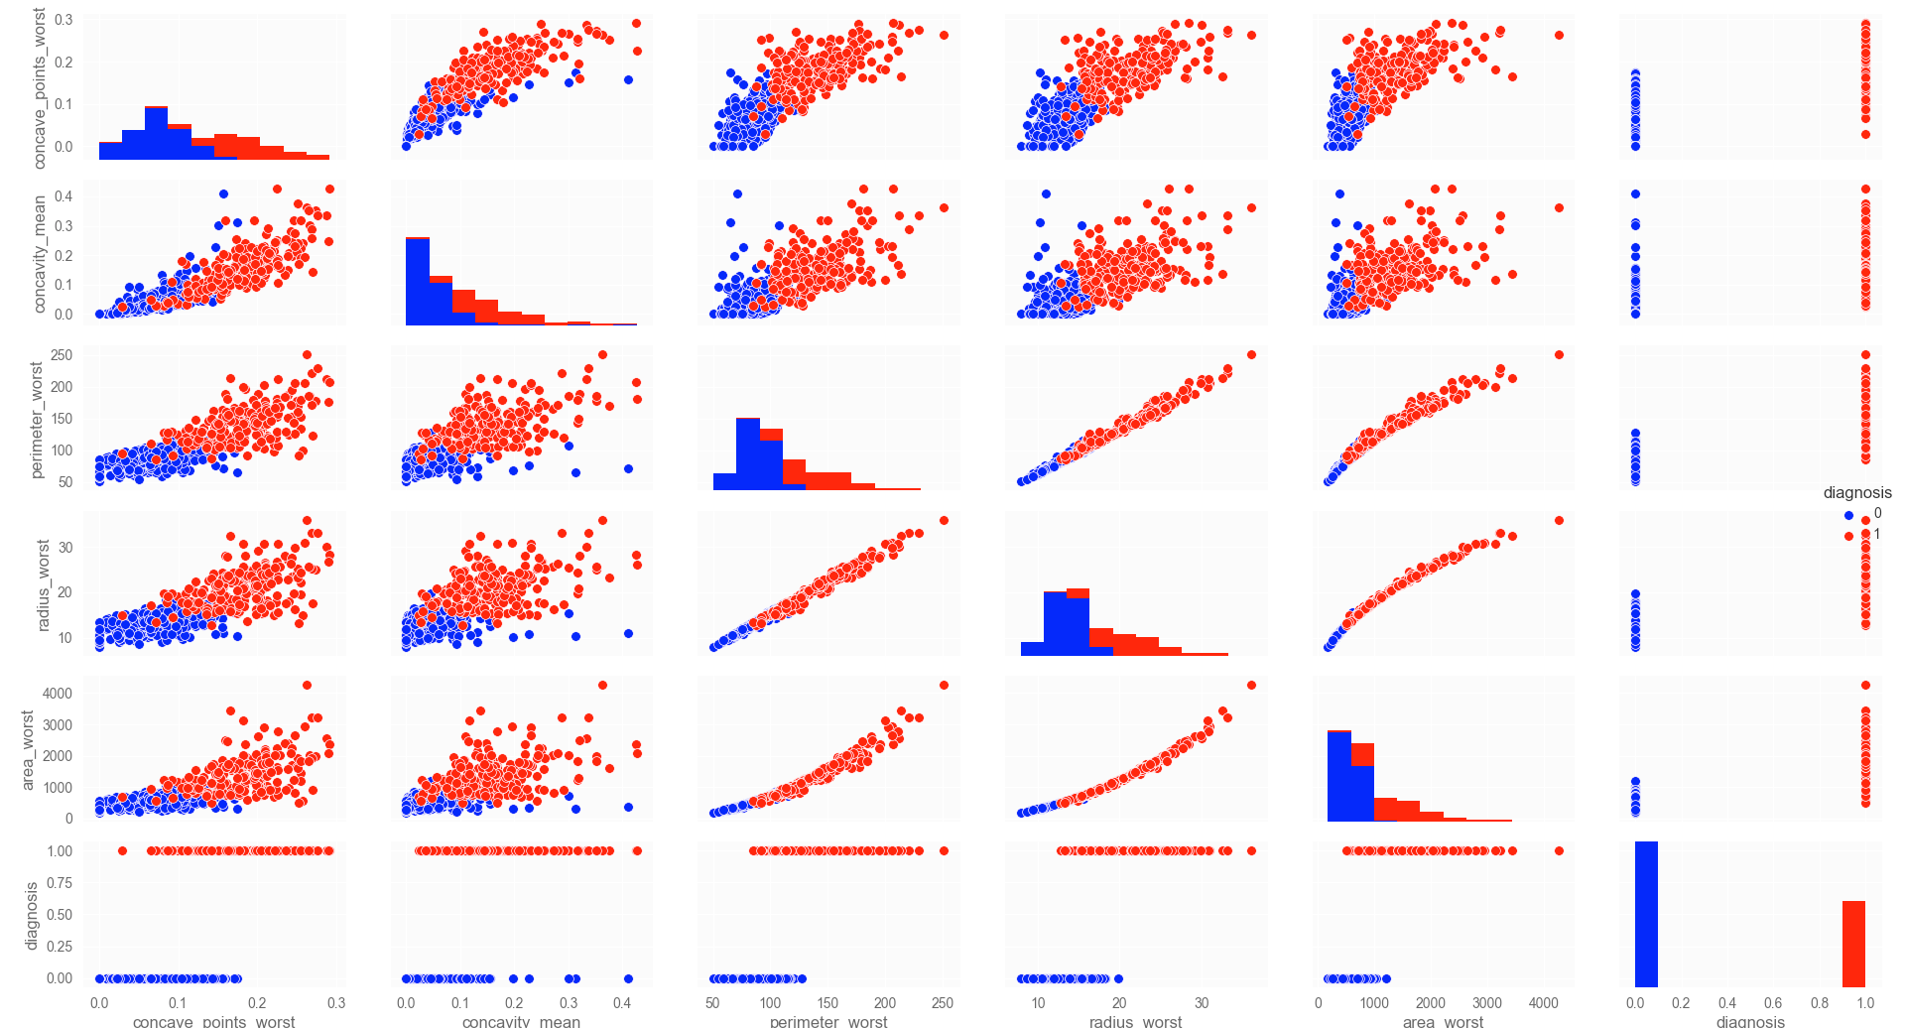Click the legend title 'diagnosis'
[1856, 493]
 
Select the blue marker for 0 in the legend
[1848, 515]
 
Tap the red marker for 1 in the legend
[1848, 536]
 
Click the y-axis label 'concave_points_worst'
[40, 88]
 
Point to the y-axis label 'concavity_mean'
[40, 254]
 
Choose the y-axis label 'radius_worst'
[43, 585]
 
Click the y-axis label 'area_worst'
[28, 750]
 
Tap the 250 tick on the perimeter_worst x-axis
[943, 1003]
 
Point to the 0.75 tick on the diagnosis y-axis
[59, 883]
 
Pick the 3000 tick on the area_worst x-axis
[1486, 1003]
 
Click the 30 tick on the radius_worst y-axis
[64, 548]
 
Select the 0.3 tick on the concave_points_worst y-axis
[63, 20]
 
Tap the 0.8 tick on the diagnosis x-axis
[1819, 1003]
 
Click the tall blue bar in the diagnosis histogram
[1646, 914]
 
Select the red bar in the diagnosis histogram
[1853, 944]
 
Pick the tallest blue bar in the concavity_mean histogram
[418, 282]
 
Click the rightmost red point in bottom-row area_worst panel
[1559, 850]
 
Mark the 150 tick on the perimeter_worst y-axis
[62, 419]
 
